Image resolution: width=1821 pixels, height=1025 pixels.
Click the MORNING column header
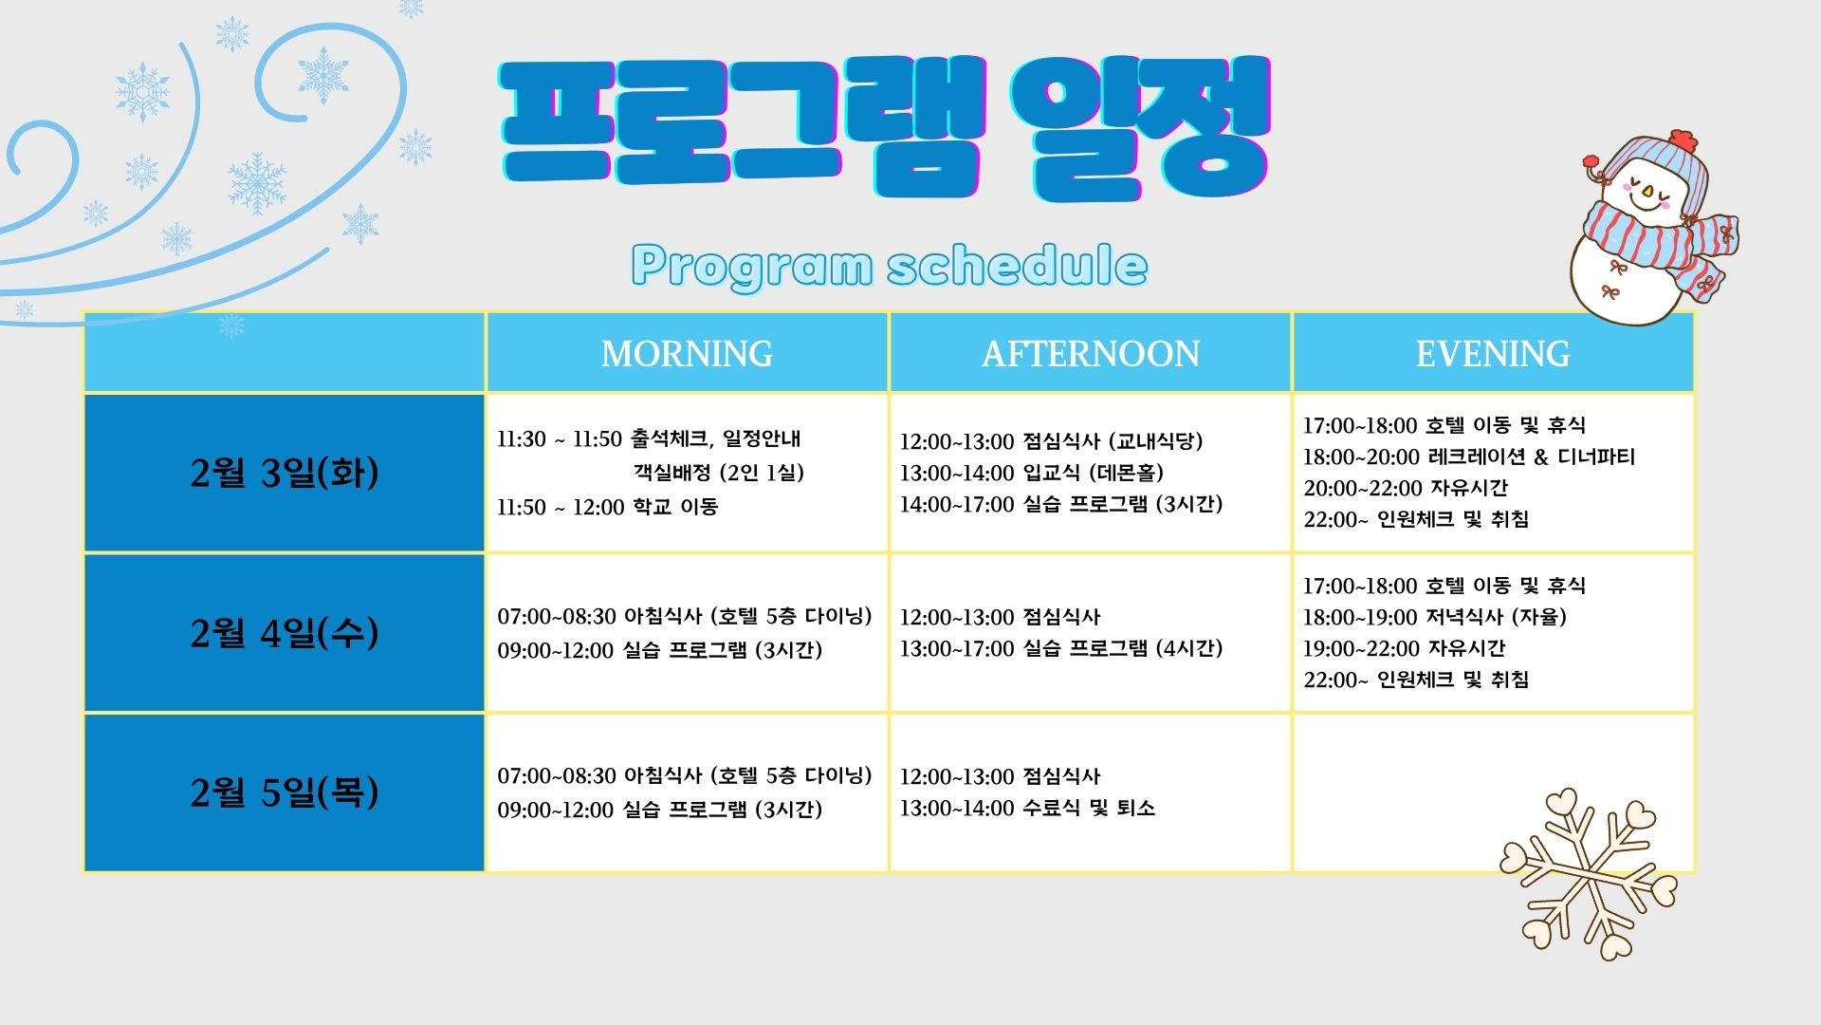coord(687,353)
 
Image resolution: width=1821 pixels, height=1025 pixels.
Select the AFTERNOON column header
coord(1090,353)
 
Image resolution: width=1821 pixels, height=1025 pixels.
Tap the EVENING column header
coord(1493,353)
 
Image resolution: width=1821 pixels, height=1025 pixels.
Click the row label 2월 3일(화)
coord(285,472)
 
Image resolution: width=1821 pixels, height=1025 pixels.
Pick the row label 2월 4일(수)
coord(285,632)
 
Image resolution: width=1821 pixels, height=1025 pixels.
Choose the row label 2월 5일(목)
coord(285,792)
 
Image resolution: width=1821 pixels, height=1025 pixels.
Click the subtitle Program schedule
coord(890,267)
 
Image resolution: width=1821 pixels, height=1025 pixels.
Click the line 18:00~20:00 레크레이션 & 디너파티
coord(1469,457)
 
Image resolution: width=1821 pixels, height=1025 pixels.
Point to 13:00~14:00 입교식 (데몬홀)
coord(1032,473)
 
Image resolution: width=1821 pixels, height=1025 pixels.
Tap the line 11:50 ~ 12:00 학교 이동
coord(608,507)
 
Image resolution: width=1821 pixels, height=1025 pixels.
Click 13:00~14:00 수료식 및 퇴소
coord(1027,809)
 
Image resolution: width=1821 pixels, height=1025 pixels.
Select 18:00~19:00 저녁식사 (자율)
coord(1435,617)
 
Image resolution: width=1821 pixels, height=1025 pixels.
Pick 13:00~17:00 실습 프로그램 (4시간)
coord(1061,648)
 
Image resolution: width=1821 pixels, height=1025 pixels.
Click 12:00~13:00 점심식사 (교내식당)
coord(1051,441)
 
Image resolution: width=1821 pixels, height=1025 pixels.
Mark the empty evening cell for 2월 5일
coord(1493,792)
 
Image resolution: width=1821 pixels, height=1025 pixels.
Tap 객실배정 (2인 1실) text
coord(719,473)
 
